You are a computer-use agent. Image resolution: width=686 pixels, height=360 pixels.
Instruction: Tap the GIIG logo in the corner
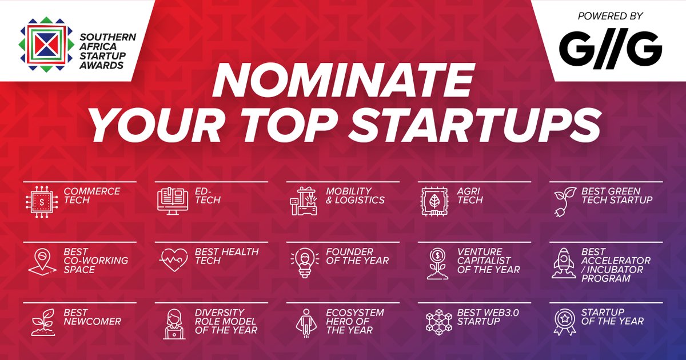(610, 49)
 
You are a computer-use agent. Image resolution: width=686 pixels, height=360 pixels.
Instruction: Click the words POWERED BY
(610, 17)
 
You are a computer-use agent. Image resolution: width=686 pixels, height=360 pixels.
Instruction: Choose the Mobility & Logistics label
(356, 195)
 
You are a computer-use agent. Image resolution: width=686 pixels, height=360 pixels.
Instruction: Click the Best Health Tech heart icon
(173, 262)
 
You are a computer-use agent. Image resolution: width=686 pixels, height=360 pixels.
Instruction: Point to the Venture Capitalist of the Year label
(489, 261)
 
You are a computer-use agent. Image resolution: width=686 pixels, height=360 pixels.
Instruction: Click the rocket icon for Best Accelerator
(564, 263)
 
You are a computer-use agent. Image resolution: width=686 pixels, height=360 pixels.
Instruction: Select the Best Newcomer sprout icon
(41, 323)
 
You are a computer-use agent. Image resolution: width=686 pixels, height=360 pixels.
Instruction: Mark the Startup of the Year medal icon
(565, 323)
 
